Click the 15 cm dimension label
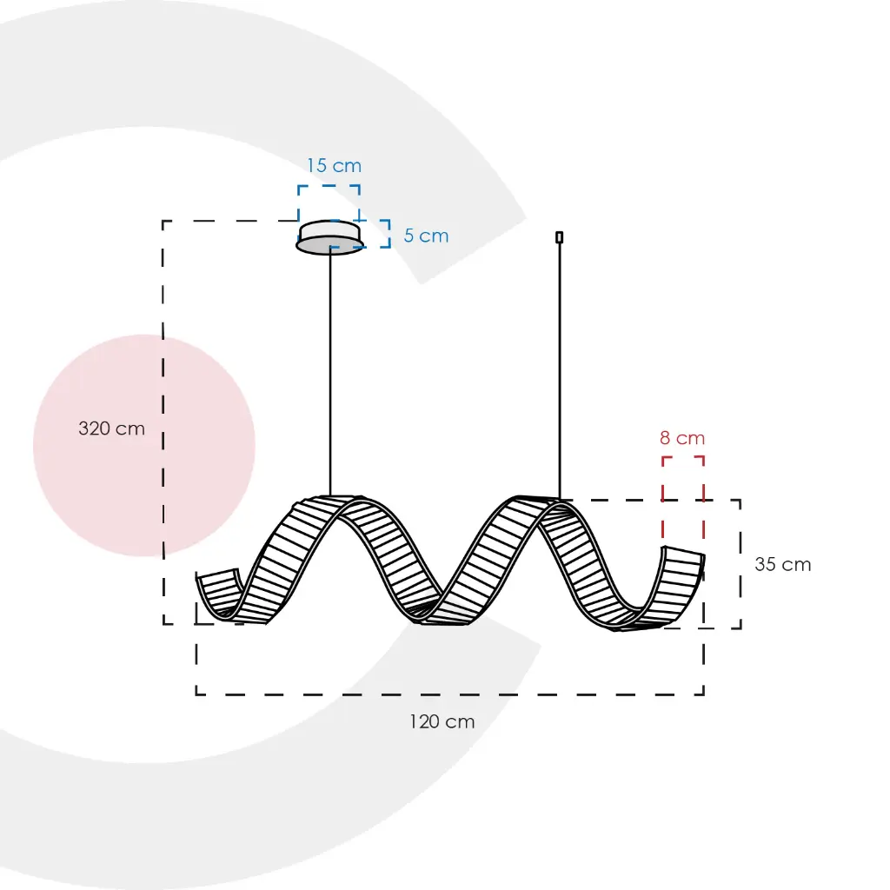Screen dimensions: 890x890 [x=334, y=166]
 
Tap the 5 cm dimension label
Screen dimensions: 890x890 [x=426, y=236]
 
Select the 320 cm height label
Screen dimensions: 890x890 [x=112, y=428]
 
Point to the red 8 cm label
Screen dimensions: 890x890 [x=682, y=438]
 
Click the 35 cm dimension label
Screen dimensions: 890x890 [x=783, y=565]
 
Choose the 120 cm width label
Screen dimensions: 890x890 [x=442, y=722]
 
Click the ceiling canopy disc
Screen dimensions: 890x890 [x=329, y=237]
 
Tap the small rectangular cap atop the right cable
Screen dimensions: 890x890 [x=559, y=237]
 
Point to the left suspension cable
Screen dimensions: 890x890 [x=330, y=375]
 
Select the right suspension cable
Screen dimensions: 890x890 [x=560, y=371]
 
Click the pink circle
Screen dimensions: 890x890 [x=144, y=446]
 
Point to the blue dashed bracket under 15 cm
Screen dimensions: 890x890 [x=329, y=203]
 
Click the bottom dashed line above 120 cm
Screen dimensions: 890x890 [x=450, y=694]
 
